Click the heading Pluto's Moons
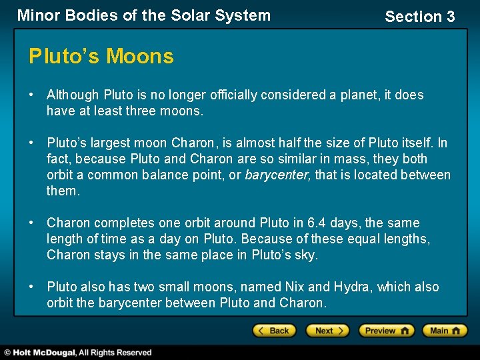[x=101, y=57]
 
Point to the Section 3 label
[x=419, y=17]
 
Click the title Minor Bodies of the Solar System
[x=144, y=15]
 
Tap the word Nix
[x=293, y=287]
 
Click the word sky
[x=306, y=255]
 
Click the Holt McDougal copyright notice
[x=79, y=353]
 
